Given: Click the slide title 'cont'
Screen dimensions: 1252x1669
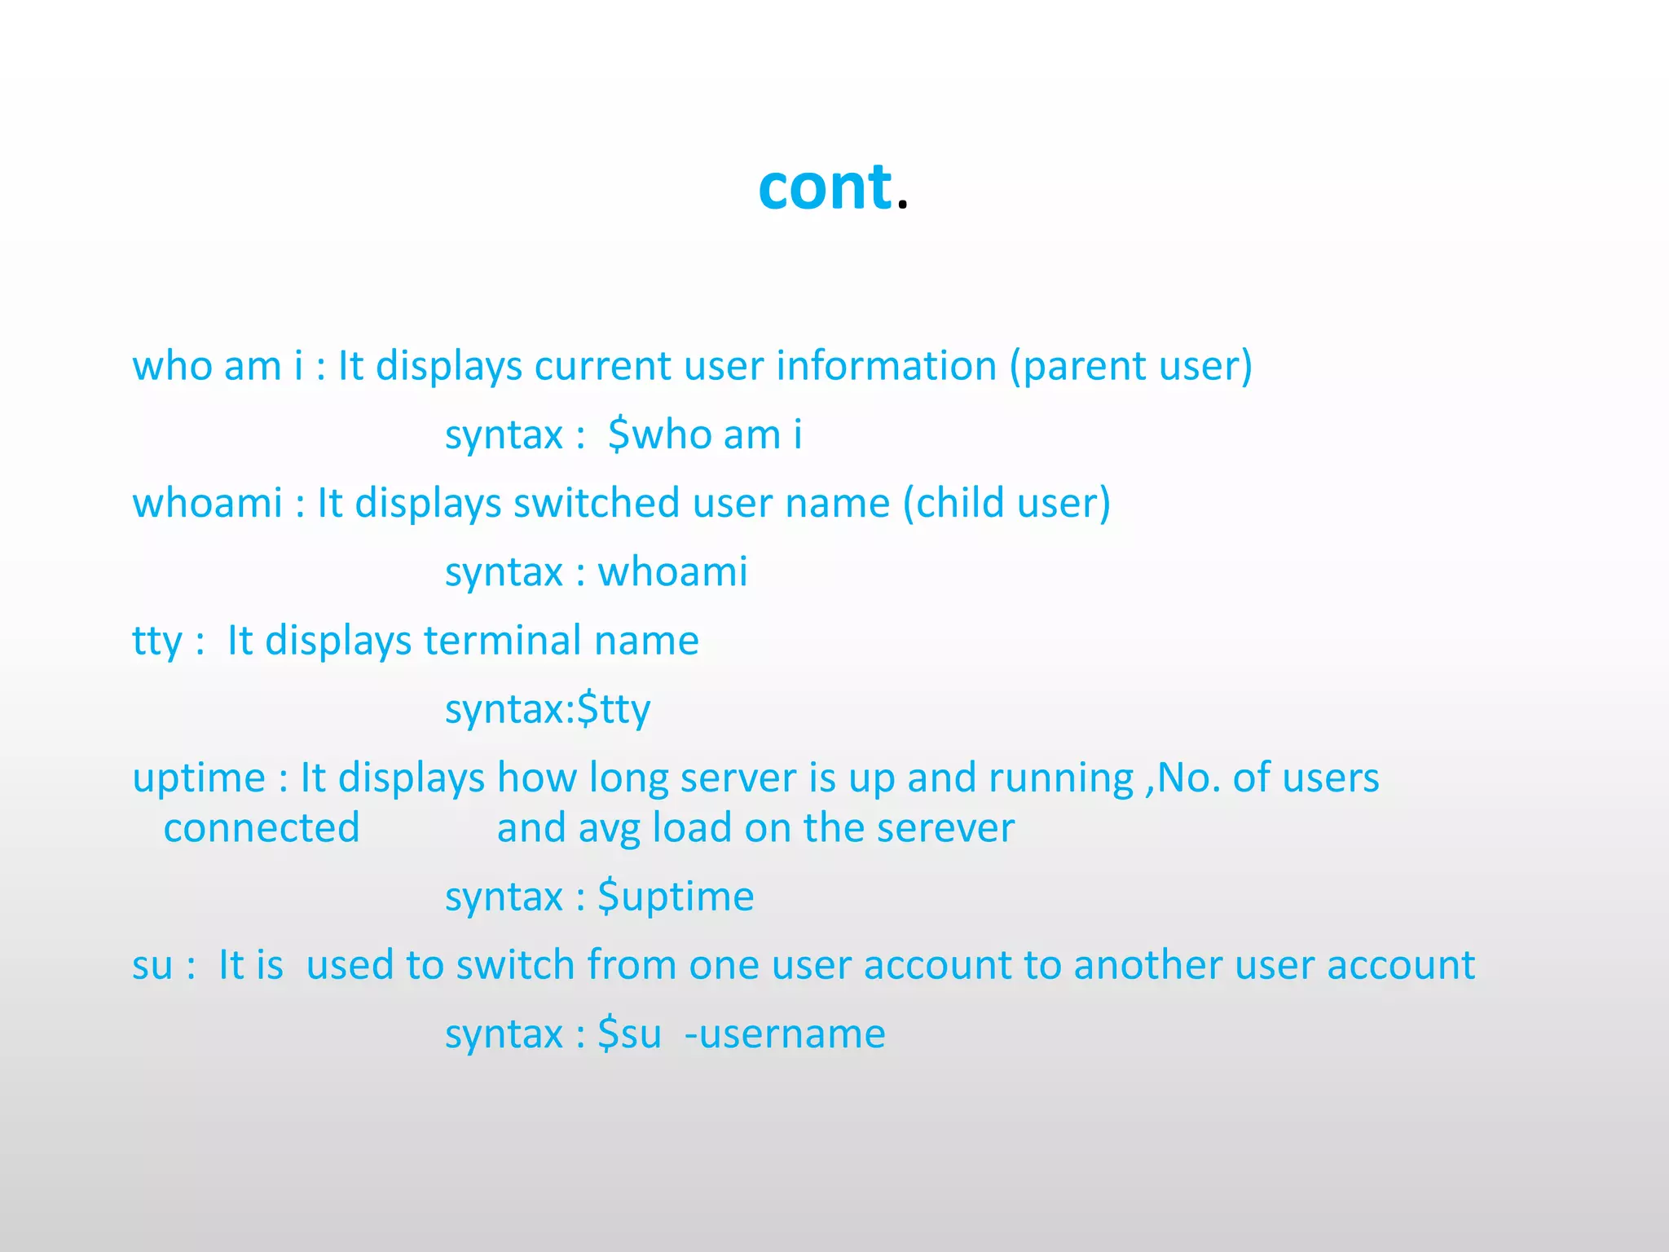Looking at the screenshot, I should tap(825, 187).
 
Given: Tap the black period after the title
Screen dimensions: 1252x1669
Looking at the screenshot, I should tap(901, 205).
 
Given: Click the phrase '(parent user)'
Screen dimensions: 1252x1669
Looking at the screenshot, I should tap(1130, 366).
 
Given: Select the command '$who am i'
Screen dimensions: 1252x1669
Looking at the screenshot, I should tap(705, 434).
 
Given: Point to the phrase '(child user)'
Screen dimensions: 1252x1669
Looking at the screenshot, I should tap(1006, 503).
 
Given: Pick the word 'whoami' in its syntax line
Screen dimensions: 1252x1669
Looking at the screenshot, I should tap(673, 571).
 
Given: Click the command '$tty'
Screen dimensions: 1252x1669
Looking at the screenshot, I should tap(614, 709).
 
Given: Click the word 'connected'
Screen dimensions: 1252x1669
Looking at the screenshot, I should tap(262, 828).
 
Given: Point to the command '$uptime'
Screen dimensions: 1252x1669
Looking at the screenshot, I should tap(676, 897).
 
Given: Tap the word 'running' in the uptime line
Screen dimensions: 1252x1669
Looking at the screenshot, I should tap(1061, 778).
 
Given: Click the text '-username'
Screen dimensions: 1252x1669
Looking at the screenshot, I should tap(785, 1034).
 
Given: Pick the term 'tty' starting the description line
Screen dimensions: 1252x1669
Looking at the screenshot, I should tap(157, 641).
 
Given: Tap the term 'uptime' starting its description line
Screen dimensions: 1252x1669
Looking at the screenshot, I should tap(199, 778).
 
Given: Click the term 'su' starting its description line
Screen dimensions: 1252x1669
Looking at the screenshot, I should tap(152, 966).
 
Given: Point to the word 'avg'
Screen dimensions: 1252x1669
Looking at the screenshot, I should tap(610, 828).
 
